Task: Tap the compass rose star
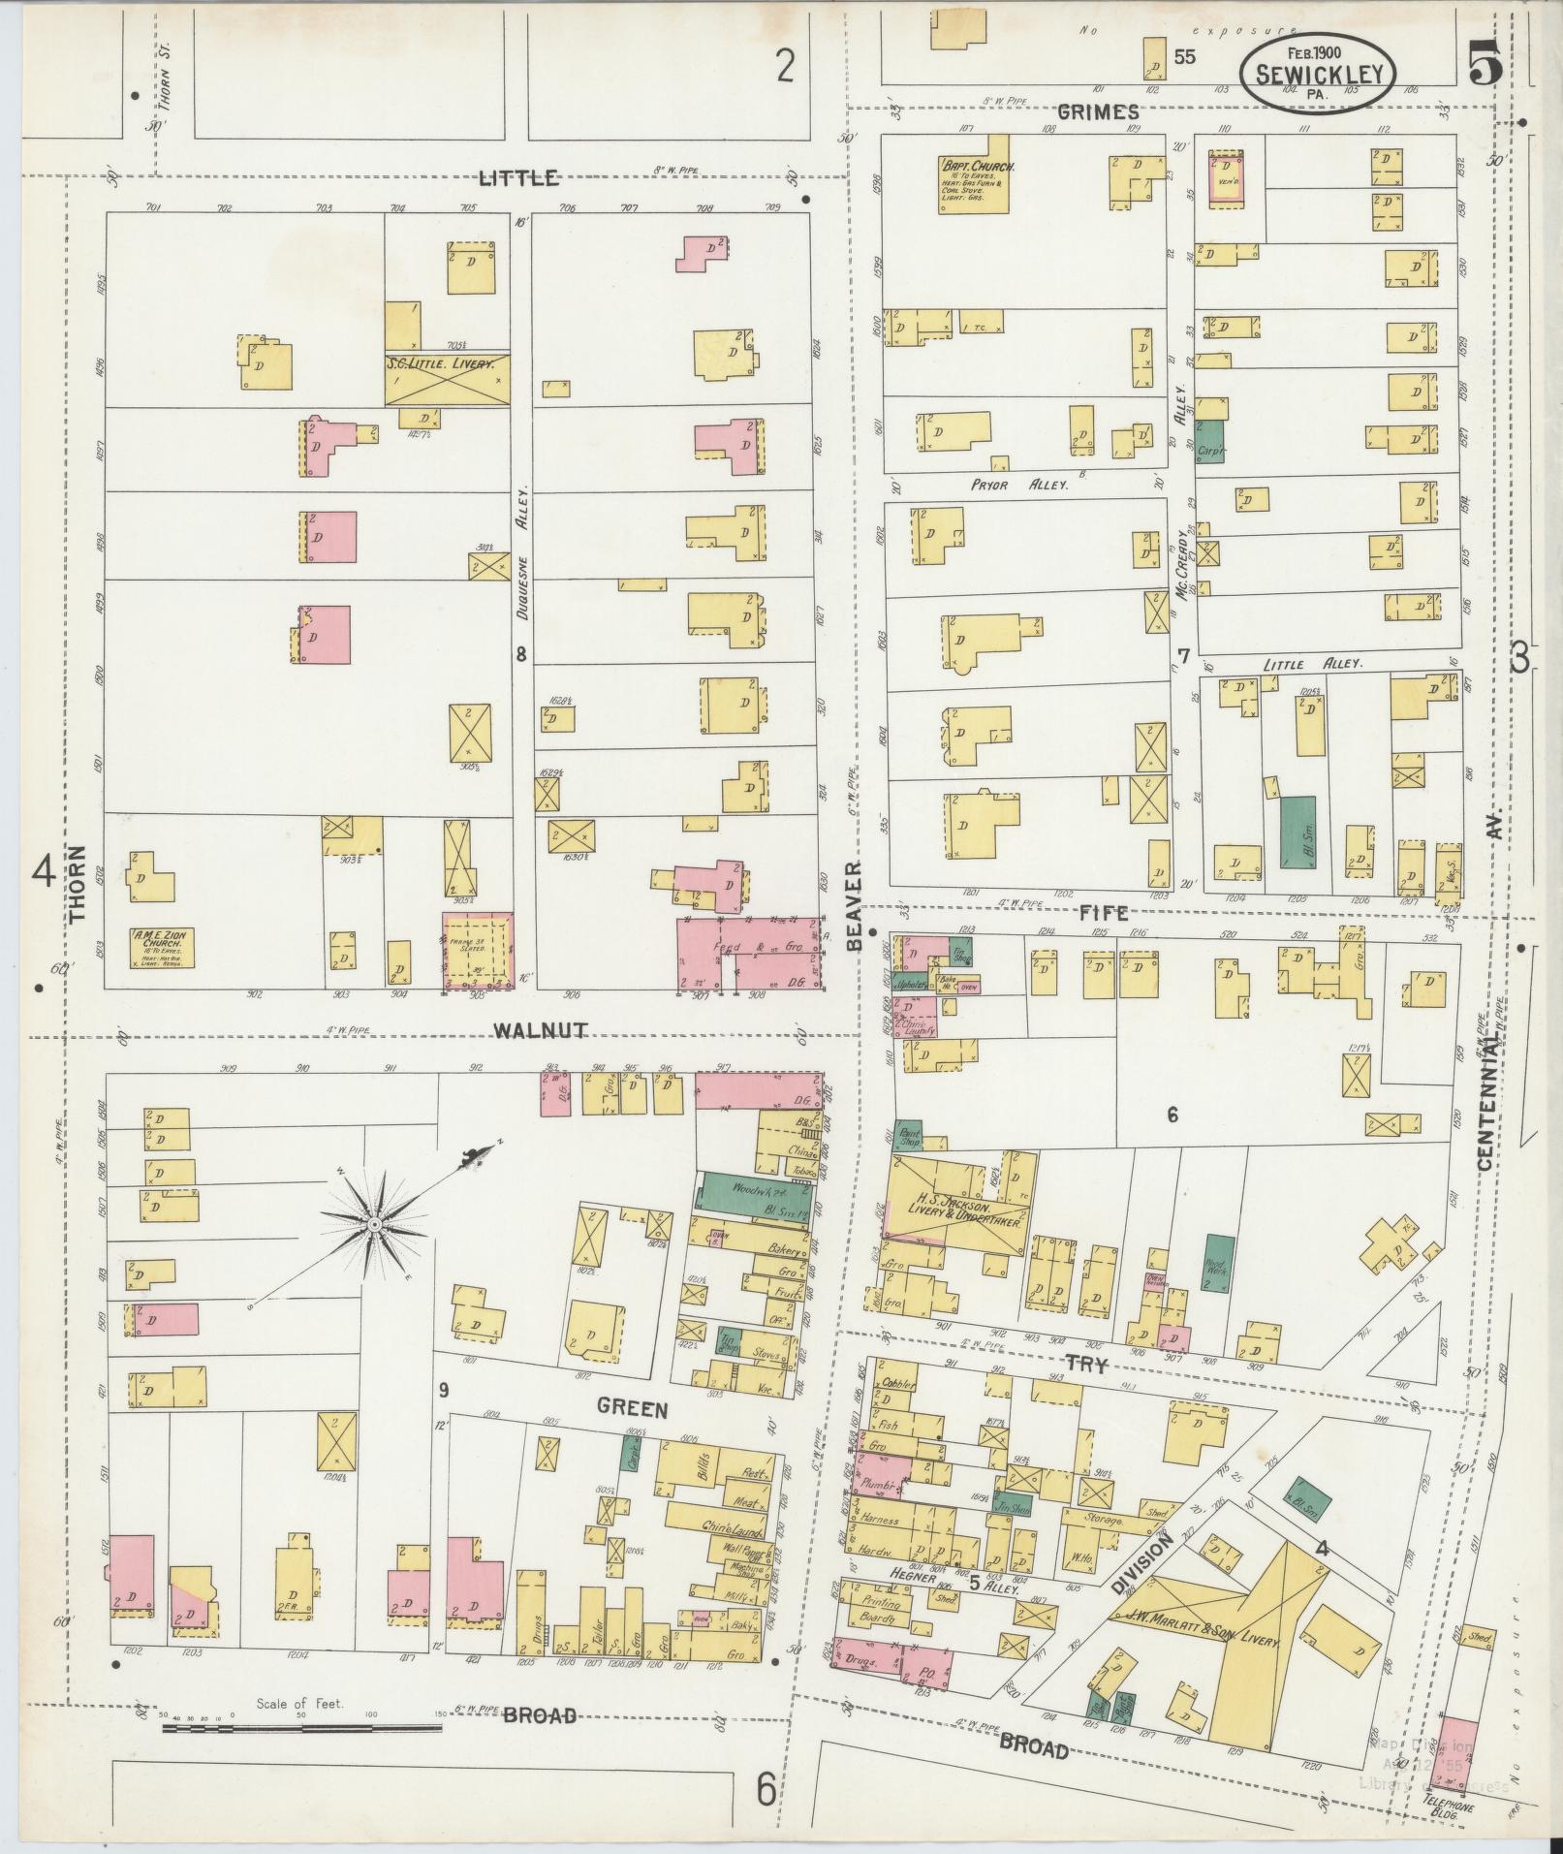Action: (373, 1225)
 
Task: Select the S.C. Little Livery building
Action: (447, 378)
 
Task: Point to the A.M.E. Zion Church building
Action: (161, 947)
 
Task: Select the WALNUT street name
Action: (540, 1030)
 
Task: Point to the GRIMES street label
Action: (1097, 112)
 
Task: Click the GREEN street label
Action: (632, 1408)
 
